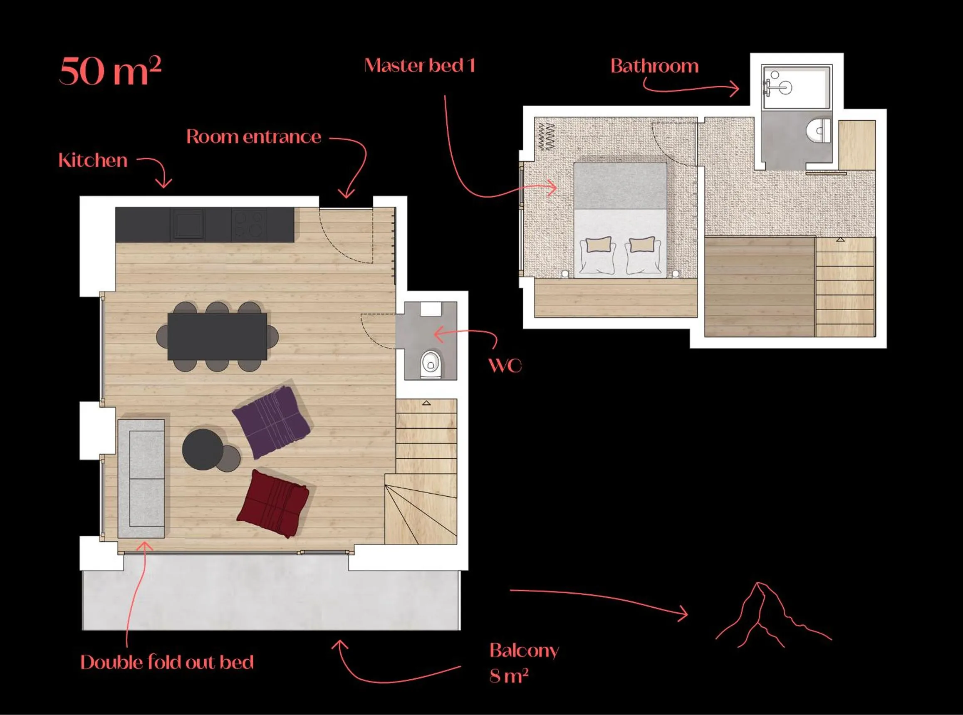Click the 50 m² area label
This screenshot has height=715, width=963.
110,70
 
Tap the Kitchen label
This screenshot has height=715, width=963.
93,161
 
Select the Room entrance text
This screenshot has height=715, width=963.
254,137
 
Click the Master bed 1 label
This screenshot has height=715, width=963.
419,66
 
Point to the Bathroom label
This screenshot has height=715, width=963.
654,66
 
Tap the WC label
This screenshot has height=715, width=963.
505,366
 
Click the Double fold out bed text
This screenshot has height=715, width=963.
167,662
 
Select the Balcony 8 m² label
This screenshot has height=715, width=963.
524,662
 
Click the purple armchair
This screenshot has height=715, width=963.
272,422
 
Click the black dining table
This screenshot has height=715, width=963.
217,336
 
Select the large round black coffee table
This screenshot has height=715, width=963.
203,449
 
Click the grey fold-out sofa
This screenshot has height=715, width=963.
141,478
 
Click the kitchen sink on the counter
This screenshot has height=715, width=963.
188,224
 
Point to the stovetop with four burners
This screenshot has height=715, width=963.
248,224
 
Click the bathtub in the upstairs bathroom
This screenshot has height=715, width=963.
796,87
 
